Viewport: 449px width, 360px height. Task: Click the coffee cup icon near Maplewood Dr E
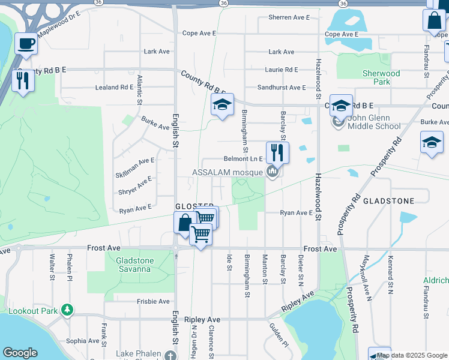[x=26, y=44]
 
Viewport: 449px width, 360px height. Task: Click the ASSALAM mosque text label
[x=228, y=172]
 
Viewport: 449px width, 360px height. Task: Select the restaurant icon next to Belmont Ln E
[x=277, y=151]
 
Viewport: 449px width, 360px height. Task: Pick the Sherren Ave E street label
[x=289, y=17]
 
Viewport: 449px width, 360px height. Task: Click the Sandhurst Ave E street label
[x=282, y=88]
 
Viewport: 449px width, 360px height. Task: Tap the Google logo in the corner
[x=20, y=353]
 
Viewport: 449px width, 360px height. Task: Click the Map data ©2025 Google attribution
[x=411, y=355]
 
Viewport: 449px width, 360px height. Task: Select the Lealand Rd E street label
[x=114, y=87]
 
